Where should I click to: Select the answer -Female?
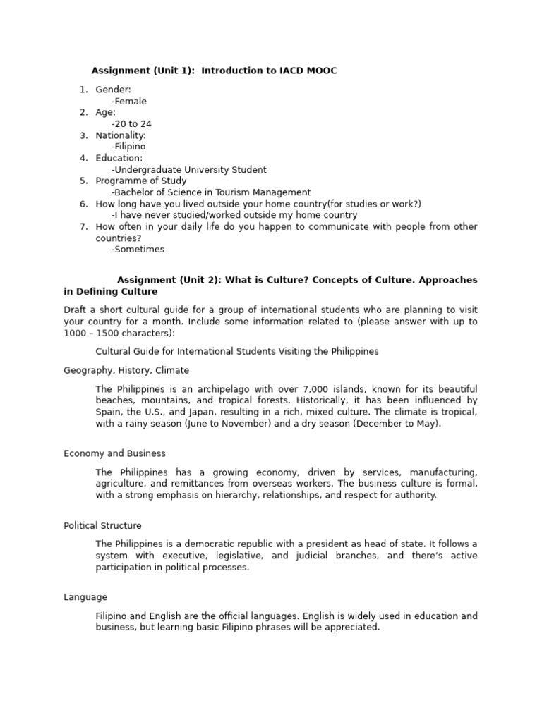pos(129,102)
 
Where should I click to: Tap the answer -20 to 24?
pos(131,124)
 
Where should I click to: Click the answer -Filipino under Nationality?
pos(128,147)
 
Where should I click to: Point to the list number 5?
pos(83,181)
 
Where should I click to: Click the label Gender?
pos(114,90)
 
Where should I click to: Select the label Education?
pos(119,159)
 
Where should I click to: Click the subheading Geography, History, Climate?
pos(126,370)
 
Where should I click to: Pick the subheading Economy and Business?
pos(114,453)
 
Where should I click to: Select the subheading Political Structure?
pos(102,525)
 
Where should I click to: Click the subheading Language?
pos(85,597)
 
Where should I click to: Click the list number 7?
pos(83,227)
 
